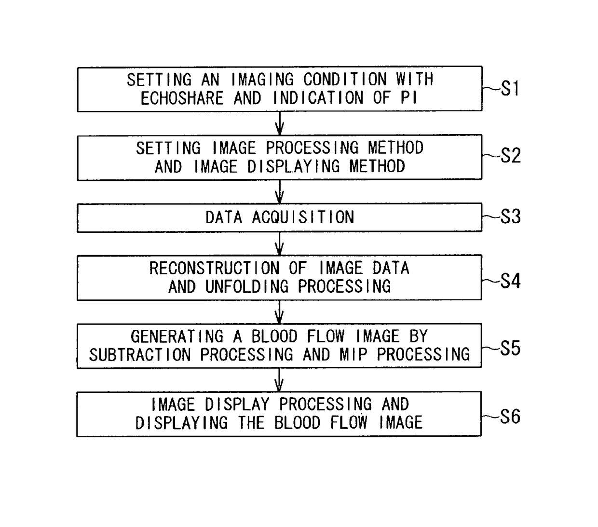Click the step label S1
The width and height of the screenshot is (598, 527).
pyautogui.click(x=510, y=89)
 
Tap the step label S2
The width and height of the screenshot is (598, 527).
pyautogui.click(x=511, y=156)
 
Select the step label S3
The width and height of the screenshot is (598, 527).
pyautogui.click(x=511, y=217)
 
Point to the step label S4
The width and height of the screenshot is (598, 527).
pyautogui.click(x=511, y=281)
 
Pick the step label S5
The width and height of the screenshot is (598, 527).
pyautogui.click(x=511, y=348)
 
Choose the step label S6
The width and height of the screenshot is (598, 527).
pyautogui.click(x=510, y=417)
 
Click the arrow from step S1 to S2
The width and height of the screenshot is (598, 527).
pyautogui.click(x=279, y=123)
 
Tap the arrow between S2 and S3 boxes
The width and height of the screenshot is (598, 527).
pyautogui.click(x=279, y=191)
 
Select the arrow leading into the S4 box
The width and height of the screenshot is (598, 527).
pyautogui.click(x=279, y=243)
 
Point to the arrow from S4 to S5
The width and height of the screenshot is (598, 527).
pyautogui.click(x=279, y=311)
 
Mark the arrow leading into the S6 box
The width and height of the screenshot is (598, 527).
pyautogui.click(x=279, y=380)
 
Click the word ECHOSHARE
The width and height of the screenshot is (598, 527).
pyautogui.click(x=182, y=98)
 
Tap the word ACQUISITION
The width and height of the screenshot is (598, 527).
pyautogui.click(x=303, y=217)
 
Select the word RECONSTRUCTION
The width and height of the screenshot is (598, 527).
pyautogui.click(x=214, y=268)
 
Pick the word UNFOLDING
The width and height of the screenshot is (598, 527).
pyautogui.click(x=247, y=287)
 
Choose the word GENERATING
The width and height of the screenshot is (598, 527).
pyautogui.click(x=177, y=337)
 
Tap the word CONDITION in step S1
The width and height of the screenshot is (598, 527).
pyautogui.click(x=345, y=80)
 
